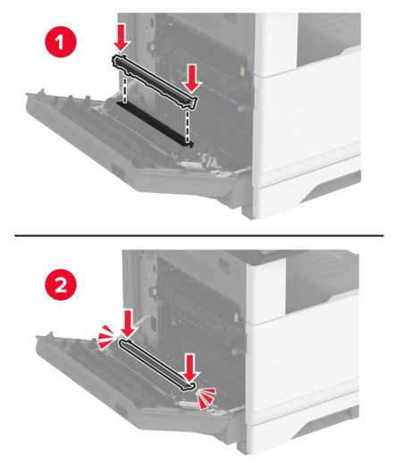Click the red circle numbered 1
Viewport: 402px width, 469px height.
tap(61, 43)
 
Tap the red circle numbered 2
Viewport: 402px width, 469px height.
tap(61, 285)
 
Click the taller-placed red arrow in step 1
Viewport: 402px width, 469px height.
tap(121, 38)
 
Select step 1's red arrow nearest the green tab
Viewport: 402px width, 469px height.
tap(192, 79)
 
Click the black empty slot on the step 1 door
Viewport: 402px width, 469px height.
tap(155, 123)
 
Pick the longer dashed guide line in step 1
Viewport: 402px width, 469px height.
tap(188, 127)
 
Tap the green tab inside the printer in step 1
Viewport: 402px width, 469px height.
tap(243, 71)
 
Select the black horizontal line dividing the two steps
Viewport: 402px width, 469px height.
tap(199, 236)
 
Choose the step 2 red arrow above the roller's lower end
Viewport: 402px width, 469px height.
tap(189, 367)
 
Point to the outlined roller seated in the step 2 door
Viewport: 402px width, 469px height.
tap(157, 364)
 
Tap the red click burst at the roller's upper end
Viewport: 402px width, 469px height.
tap(106, 337)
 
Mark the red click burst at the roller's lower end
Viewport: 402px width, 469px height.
tap(206, 398)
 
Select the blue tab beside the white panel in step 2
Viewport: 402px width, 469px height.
tap(235, 352)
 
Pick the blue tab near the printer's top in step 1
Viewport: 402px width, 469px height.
tap(155, 59)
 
